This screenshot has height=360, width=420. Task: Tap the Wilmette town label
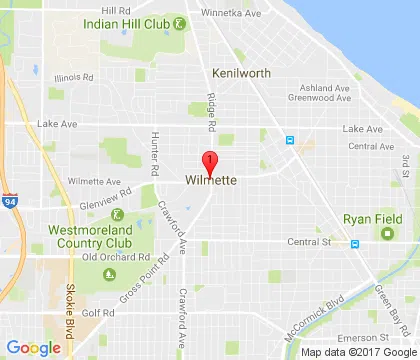click(210, 181)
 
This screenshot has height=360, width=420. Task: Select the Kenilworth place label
click(241, 73)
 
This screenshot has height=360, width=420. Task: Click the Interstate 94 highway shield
click(9, 200)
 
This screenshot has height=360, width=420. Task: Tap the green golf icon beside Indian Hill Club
click(178, 22)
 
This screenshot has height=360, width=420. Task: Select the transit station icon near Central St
click(353, 243)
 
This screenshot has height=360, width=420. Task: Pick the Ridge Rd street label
click(211, 114)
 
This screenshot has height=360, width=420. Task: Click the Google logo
click(34, 347)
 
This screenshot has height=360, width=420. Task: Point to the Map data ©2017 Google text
click(356, 352)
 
